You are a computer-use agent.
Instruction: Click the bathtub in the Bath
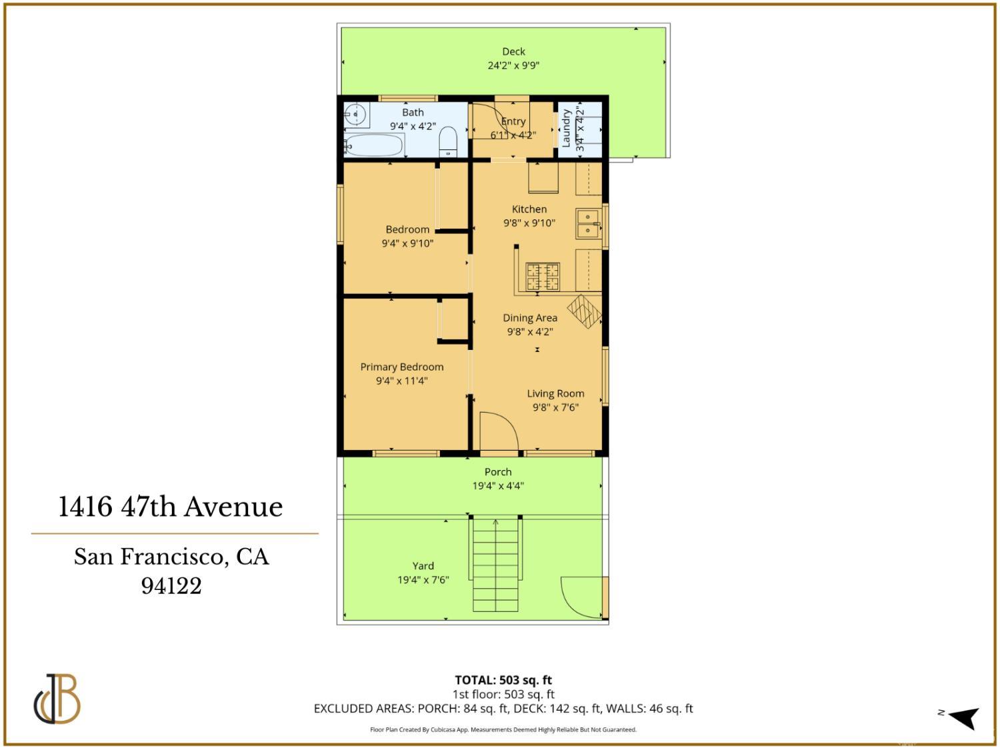[374, 145]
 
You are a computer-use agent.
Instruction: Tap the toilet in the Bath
[448, 141]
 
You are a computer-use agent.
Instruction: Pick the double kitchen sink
[587, 223]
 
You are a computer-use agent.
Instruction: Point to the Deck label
[513, 51]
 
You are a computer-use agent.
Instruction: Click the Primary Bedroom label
[401, 367]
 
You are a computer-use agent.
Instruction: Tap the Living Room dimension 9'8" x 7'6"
[555, 407]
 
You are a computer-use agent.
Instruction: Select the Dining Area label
[529, 318]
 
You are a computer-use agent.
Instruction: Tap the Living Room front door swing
[499, 432]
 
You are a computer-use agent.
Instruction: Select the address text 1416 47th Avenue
[171, 507]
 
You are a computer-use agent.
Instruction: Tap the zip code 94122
[171, 586]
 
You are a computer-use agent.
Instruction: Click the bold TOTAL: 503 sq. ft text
[503, 680]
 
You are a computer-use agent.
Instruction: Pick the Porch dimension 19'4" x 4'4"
[498, 486]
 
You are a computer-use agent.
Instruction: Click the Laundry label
[566, 128]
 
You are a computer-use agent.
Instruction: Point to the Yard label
[423, 565]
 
